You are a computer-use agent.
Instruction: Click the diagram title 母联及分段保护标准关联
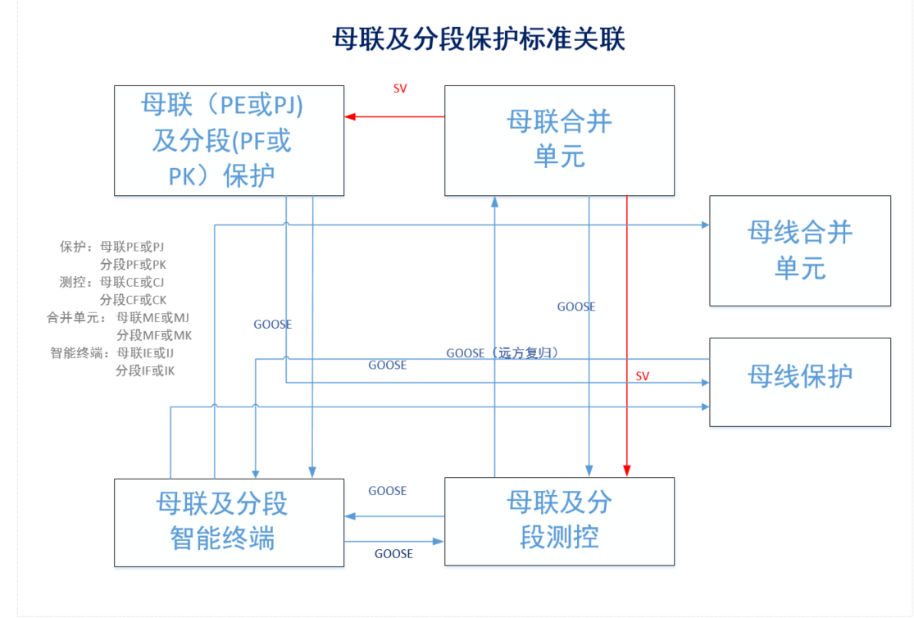[479, 39]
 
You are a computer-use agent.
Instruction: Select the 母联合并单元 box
[559, 140]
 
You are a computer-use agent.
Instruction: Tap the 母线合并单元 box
[799, 251]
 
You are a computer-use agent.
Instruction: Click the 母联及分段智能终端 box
[229, 521]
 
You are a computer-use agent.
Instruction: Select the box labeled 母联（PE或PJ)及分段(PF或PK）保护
[229, 140]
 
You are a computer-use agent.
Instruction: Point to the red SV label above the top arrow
[400, 89]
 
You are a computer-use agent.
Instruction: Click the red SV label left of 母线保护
[643, 376]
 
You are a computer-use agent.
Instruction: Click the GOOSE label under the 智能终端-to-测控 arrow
[393, 554]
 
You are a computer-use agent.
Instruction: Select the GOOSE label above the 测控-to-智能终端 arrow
[387, 491]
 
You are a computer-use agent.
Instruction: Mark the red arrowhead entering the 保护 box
[350, 116]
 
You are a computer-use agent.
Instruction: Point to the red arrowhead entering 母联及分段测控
[627, 471]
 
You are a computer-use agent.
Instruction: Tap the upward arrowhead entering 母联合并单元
[494, 201]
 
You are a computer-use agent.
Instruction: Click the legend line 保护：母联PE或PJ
[112, 246]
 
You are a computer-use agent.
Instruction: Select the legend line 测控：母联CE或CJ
[112, 282]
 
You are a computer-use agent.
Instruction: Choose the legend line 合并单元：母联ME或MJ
[119, 318]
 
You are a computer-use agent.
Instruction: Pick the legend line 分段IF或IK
[145, 371]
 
